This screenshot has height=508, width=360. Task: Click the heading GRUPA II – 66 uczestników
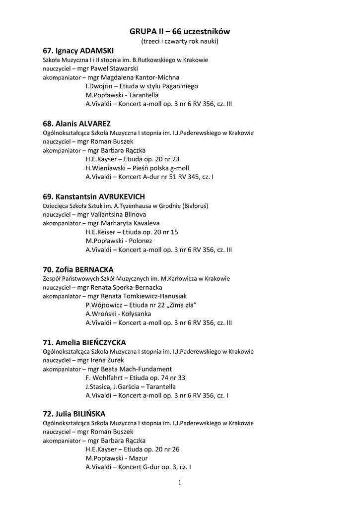point(180,32)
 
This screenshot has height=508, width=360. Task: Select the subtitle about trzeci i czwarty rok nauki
point(180,41)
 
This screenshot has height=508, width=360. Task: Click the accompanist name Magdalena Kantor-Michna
point(140,77)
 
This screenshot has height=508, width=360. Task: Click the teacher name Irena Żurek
point(107,360)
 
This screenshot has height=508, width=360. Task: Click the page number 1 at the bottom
point(180,483)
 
